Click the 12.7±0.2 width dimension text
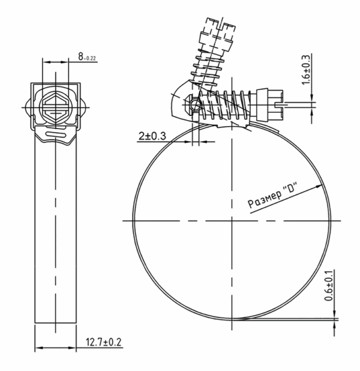(x=103, y=342)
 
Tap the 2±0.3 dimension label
(x=152, y=136)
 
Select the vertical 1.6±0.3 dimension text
(x=305, y=70)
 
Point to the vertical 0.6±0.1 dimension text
(x=329, y=286)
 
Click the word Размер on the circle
(x=265, y=199)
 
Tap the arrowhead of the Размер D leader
(x=319, y=186)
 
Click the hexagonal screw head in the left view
(x=56, y=107)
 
